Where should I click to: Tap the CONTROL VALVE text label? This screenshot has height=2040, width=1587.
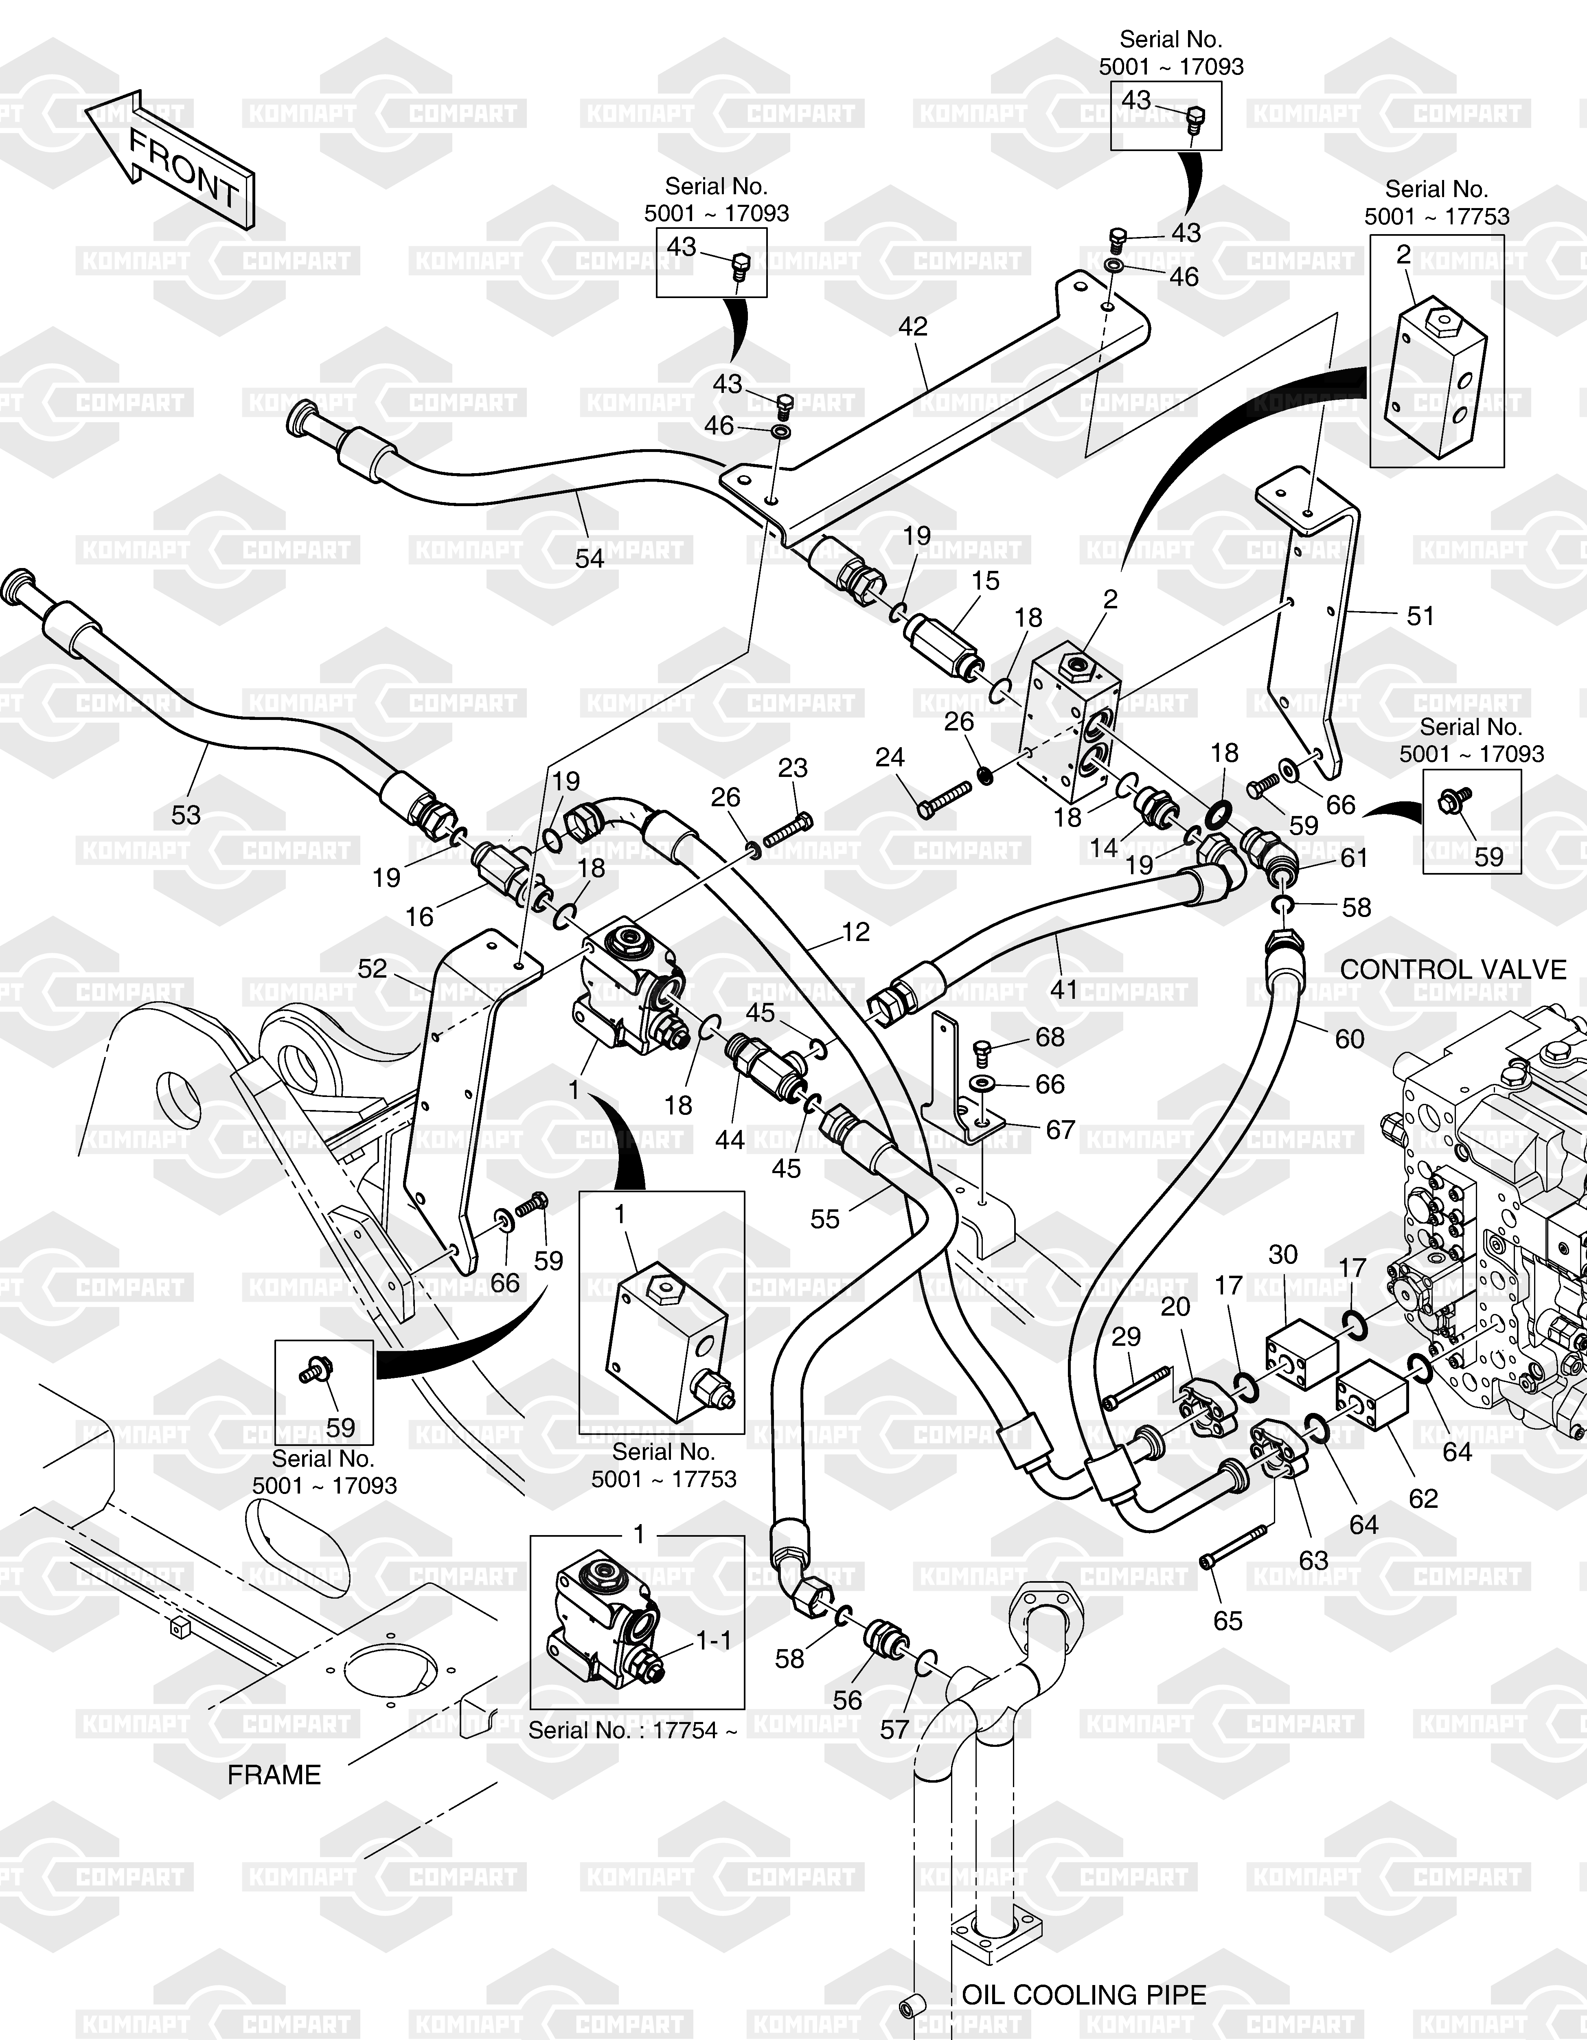[1453, 970]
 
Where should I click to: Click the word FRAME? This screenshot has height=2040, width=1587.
[274, 1775]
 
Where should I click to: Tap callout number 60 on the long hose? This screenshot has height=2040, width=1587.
[1349, 1039]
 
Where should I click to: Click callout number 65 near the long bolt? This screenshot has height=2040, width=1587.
[1228, 1621]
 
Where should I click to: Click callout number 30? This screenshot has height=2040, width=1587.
[1282, 1255]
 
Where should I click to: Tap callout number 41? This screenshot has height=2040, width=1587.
[1064, 989]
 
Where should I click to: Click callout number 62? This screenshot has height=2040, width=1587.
[1423, 1498]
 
